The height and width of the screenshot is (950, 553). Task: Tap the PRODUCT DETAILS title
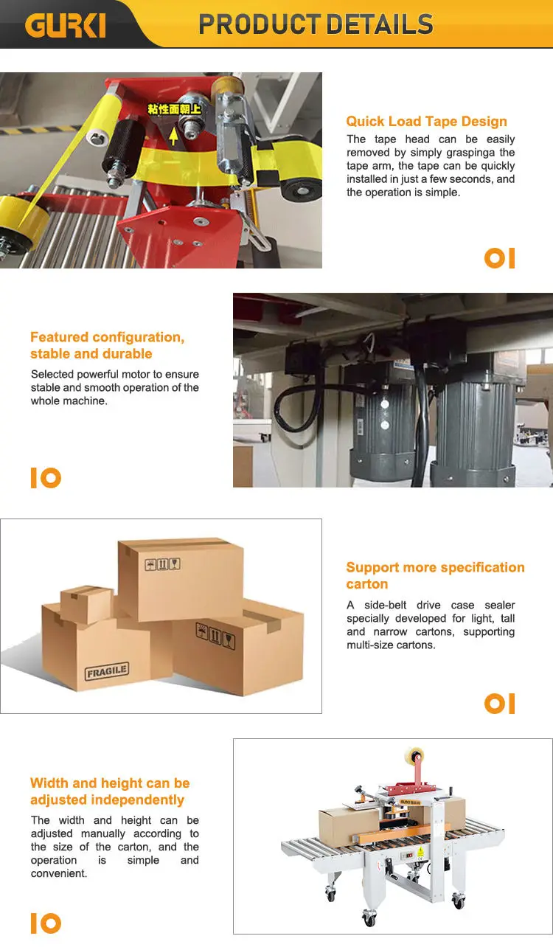[316, 24]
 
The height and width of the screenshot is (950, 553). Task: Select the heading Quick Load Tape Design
[426, 122]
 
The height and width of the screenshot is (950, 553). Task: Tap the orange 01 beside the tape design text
[499, 258]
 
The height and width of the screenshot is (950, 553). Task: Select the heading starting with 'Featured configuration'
[107, 345]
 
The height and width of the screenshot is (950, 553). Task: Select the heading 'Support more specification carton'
[435, 575]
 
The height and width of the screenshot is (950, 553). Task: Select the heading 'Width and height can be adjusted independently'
[110, 791]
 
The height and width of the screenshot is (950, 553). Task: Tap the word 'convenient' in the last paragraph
[59, 873]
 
